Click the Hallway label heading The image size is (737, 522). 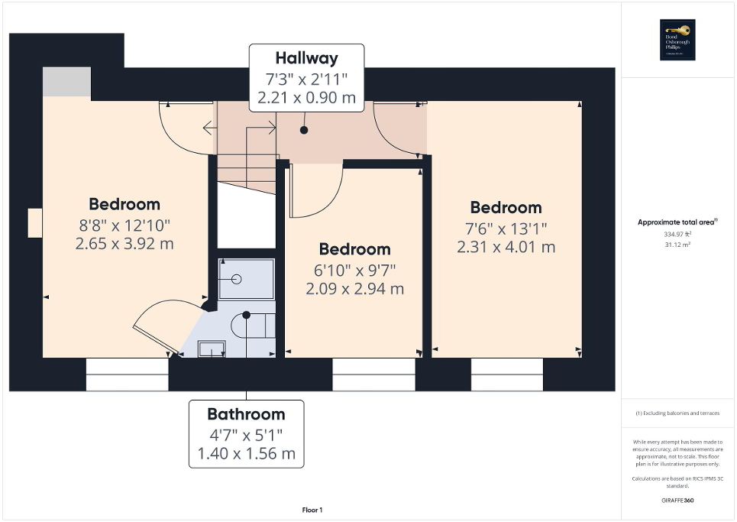point(306,58)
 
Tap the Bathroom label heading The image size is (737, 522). point(246,414)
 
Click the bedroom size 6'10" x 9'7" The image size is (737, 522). point(354,270)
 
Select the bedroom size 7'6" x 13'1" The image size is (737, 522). point(506,228)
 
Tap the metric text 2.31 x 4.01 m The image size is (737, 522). point(506,247)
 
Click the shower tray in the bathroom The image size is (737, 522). point(246,279)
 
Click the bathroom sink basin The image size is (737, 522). point(212,349)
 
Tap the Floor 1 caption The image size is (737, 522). point(312,510)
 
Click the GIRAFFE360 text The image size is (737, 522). point(678,501)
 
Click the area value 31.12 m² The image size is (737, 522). point(678,245)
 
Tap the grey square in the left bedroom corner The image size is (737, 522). point(66,82)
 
